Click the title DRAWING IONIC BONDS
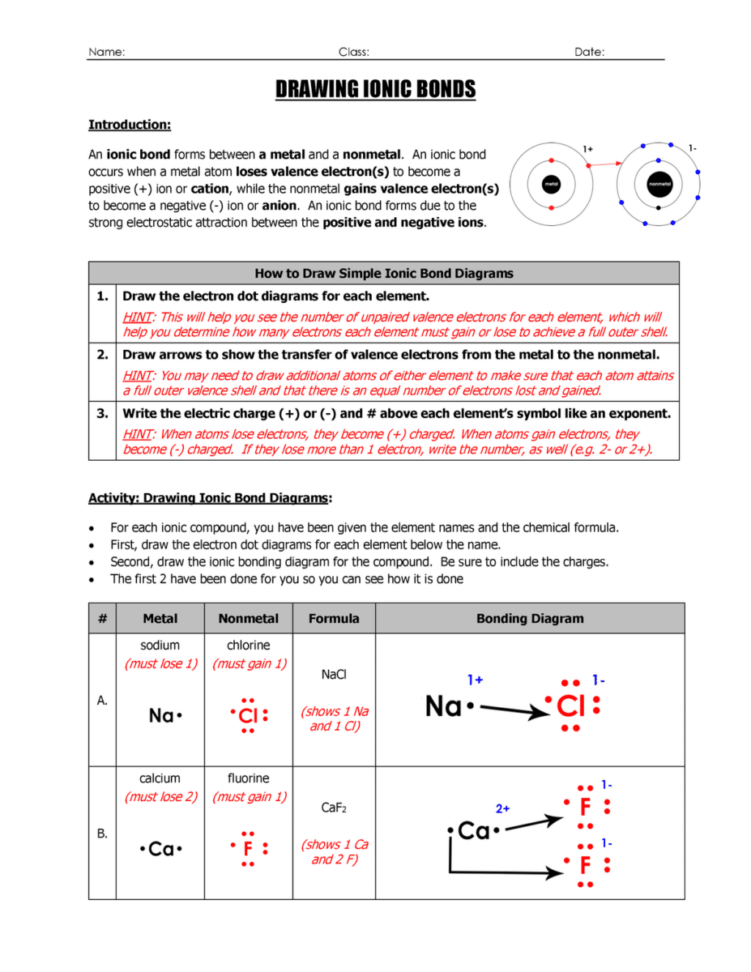point(375,89)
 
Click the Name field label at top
point(106,52)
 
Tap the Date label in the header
point(589,52)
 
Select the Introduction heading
point(129,125)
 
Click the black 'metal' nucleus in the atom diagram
point(552,185)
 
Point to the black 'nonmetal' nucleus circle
point(659,185)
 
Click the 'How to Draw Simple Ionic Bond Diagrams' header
point(383,273)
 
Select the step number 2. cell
point(102,354)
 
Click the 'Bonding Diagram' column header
point(529,618)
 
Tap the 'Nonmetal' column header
point(248,618)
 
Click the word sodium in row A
point(160,646)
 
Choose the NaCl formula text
point(334,674)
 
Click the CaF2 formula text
point(334,808)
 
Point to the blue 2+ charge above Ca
point(502,808)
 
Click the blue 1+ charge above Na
point(475,680)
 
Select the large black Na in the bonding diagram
point(444,707)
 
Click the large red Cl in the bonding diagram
point(570,707)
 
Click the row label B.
point(102,833)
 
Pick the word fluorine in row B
point(248,778)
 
